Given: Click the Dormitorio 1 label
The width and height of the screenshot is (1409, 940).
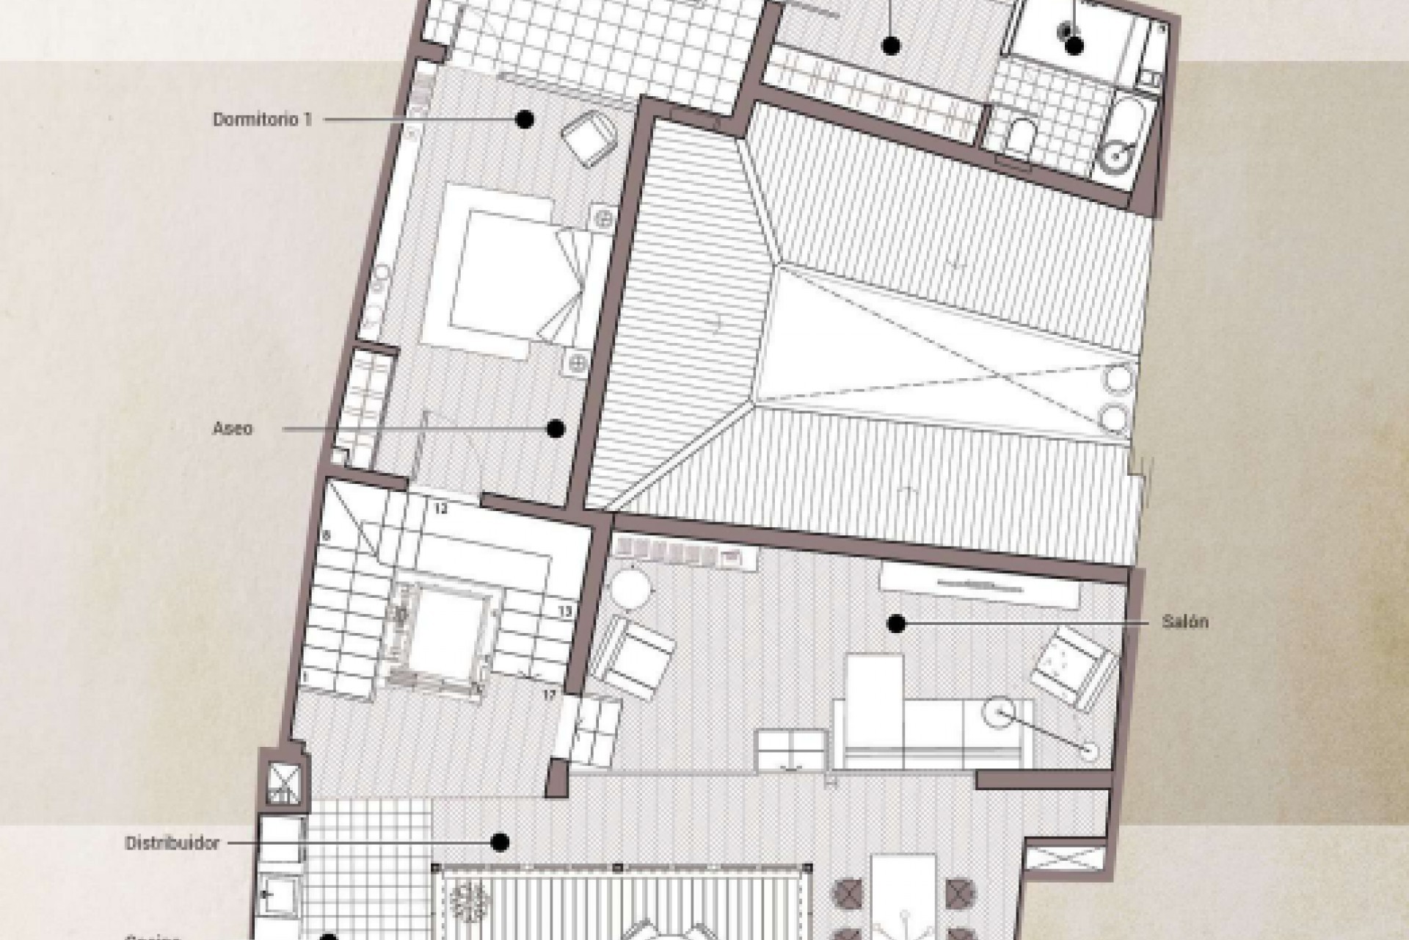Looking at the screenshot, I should point(262,119).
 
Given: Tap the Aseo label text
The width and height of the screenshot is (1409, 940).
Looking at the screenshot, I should point(233,429).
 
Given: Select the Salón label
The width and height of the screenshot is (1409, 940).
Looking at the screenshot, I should point(1185,622).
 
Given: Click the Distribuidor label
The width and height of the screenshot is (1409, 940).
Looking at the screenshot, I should point(172,843).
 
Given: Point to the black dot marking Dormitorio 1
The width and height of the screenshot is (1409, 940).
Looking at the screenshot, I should point(524,119).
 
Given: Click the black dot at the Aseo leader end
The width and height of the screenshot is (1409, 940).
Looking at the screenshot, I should point(556,429).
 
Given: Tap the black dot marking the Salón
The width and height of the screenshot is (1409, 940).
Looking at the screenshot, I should point(895,624).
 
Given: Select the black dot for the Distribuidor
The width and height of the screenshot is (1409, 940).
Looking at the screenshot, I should point(500,842).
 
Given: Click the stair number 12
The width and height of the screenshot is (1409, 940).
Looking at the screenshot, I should point(442,508).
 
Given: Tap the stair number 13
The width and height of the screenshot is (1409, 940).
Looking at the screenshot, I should point(565,610).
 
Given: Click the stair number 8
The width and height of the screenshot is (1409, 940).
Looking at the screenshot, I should point(326,536).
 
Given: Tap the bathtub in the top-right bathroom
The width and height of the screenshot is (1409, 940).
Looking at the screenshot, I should point(1123,140).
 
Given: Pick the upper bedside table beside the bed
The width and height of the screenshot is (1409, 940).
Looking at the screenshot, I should point(603,218).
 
